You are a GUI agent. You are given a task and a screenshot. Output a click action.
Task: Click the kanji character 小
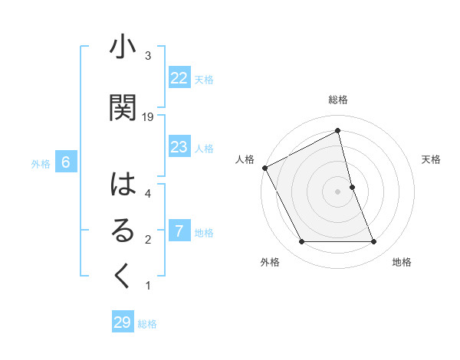[x=123, y=47]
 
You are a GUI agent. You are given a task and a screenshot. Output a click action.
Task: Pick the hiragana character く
[x=123, y=277]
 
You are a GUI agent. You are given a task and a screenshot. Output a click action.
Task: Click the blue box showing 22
[x=179, y=78]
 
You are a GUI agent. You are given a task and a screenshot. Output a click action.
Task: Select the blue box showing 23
[x=179, y=147]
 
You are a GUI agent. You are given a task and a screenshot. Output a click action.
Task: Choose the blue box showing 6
[x=66, y=162]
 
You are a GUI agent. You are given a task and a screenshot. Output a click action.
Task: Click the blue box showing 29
[x=123, y=322]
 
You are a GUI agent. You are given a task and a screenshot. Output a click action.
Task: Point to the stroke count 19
[x=149, y=117]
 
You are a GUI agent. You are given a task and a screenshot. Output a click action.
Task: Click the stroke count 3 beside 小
[x=148, y=56]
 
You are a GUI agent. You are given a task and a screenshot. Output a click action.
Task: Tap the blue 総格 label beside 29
[x=147, y=324]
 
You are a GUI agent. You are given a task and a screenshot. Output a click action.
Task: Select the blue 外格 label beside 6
[x=41, y=163]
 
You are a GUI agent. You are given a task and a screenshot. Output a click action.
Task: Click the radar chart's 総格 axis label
[x=337, y=100]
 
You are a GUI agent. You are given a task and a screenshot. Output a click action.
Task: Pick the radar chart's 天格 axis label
[x=432, y=159]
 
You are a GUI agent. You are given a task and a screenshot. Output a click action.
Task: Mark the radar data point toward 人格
[x=264, y=168]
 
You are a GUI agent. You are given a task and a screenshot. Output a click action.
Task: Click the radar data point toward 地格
[x=373, y=242]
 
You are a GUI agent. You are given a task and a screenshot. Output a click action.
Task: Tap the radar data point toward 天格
[x=352, y=187]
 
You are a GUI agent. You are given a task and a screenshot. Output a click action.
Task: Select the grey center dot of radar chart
[x=337, y=191]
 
